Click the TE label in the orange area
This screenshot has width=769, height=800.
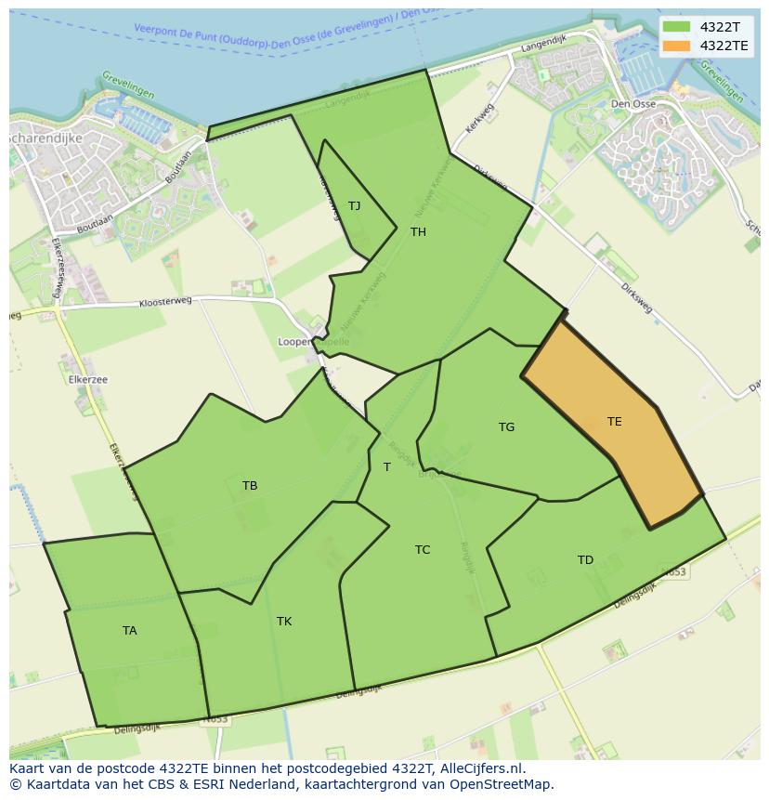point(614,422)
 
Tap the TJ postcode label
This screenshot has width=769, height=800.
point(354,206)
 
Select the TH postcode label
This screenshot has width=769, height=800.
point(418,232)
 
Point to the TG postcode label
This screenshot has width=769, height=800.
point(506,427)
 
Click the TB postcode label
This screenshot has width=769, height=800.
point(250,486)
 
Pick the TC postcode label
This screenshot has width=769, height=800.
point(423,550)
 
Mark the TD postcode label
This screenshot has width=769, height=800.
point(585,560)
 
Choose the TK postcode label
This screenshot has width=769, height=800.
point(284,622)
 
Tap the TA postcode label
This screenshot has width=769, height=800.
point(129,631)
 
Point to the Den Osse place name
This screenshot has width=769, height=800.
point(633,104)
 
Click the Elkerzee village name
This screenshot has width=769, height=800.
point(88,380)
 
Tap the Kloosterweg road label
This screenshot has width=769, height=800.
point(165,302)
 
